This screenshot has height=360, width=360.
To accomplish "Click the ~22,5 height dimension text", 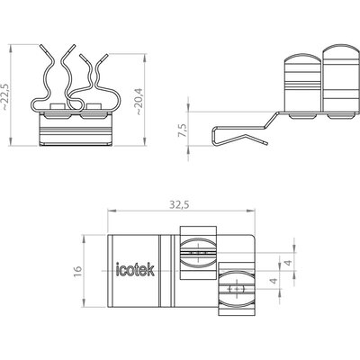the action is [6, 96].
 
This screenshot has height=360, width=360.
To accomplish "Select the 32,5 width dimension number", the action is [179, 205].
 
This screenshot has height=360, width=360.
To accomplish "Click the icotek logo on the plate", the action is [135, 269].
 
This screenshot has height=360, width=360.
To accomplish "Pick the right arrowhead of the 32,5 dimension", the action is [251, 211].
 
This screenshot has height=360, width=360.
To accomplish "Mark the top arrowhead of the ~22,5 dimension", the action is [11, 49].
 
